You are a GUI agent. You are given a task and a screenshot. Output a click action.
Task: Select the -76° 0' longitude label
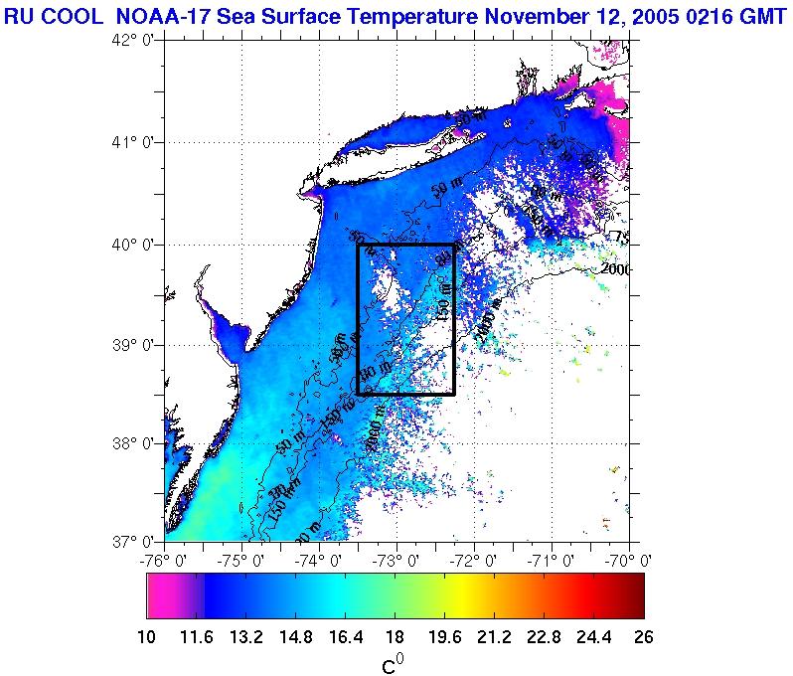(x=165, y=561)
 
